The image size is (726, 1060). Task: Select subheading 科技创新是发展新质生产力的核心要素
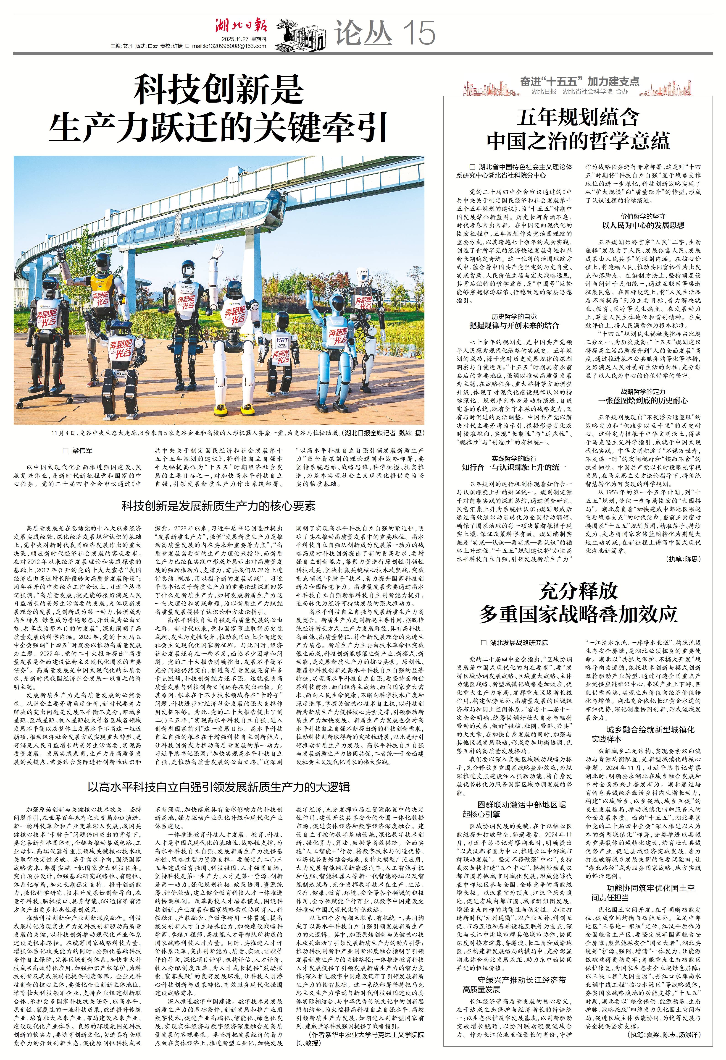218,506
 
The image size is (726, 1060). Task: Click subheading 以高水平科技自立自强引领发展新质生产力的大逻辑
218,787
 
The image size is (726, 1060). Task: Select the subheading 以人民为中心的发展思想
643,225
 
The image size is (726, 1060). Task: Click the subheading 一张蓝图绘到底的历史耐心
643,400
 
